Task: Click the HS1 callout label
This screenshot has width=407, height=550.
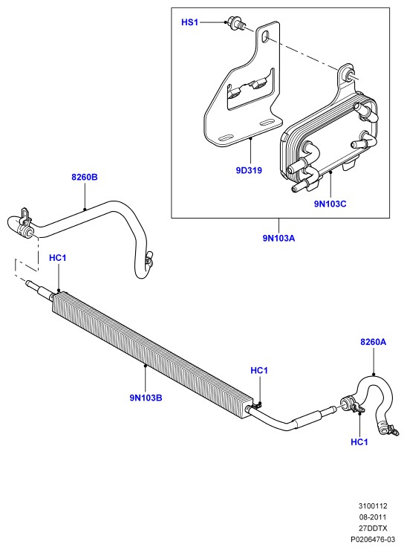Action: click(189, 22)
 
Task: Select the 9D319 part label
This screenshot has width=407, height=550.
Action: click(249, 170)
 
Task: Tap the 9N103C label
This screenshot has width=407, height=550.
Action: click(331, 204)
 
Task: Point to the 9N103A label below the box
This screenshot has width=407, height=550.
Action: click(279, 239)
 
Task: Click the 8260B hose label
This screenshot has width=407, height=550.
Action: click(85, 177)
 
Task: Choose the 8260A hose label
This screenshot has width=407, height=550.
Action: click(374, 342)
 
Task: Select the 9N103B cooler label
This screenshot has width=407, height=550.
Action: click(146, 398)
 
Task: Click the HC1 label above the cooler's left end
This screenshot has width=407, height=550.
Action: click(57, 258)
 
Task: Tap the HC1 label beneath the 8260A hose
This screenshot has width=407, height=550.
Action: click(359, 442)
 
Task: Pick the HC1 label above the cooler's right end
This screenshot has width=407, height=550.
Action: click(259, 370)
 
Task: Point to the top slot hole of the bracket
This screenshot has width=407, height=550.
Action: click(266, 36)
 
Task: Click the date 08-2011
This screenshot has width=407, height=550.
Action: click(373, 517)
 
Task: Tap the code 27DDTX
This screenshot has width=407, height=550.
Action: click(373, 528)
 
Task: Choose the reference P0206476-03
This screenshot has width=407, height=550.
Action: click(373, 539)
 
